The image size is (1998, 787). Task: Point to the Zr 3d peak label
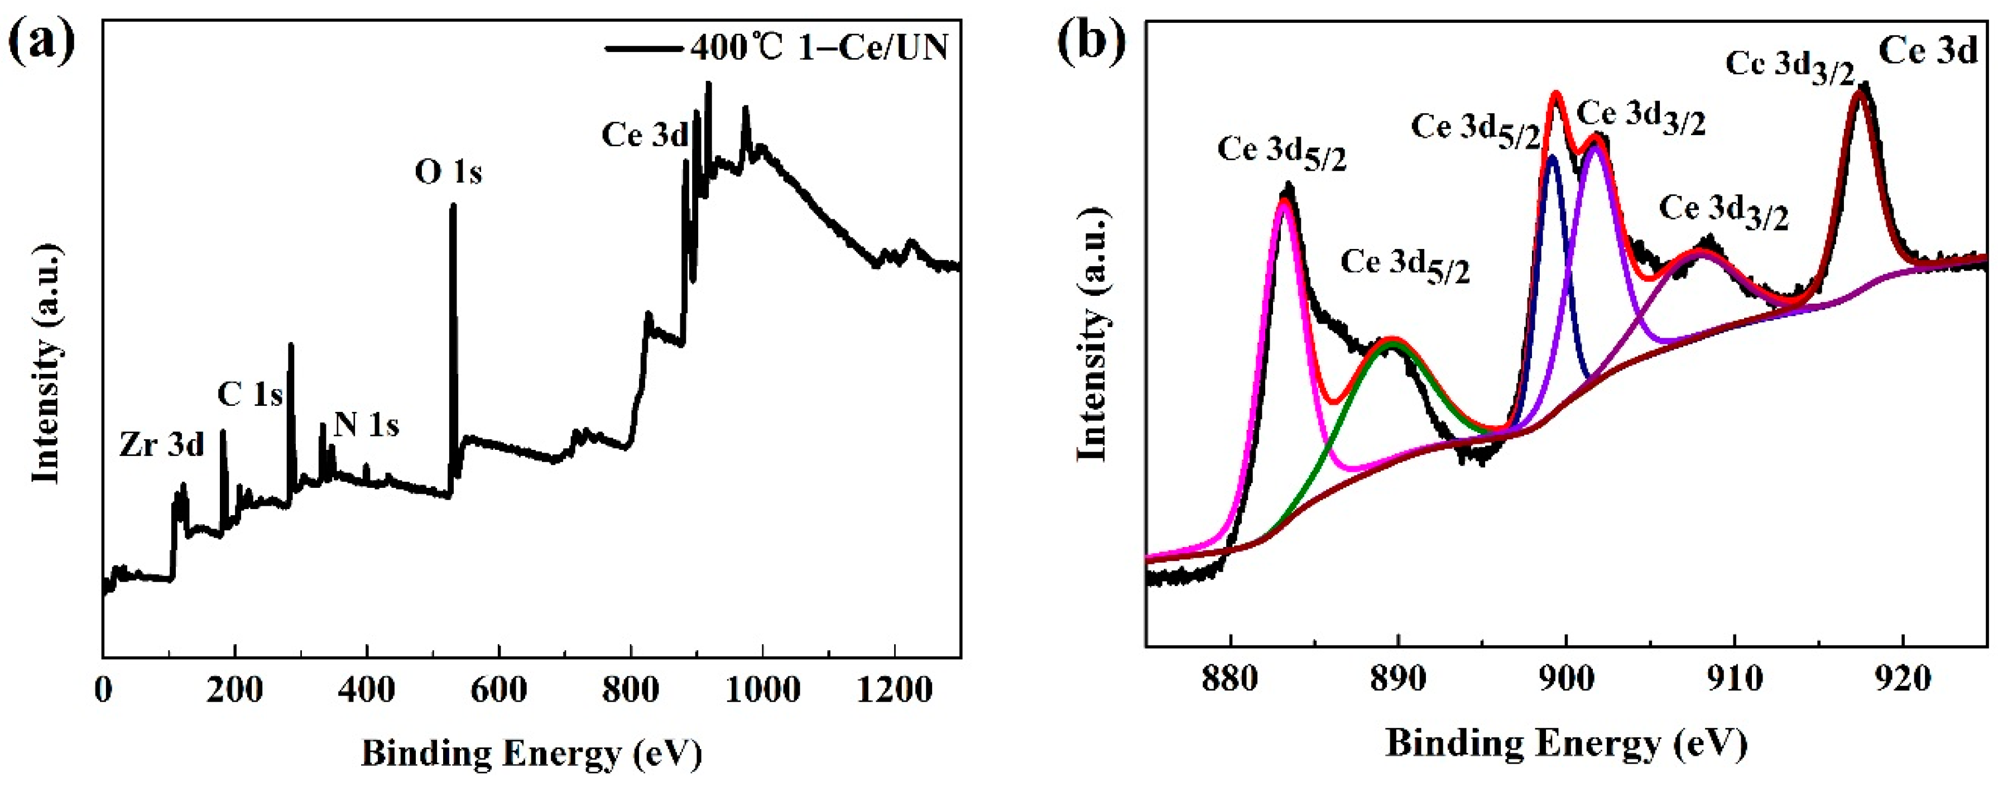point(161,445)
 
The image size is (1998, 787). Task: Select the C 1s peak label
point(250,395)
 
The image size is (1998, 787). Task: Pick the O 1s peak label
point(448,172)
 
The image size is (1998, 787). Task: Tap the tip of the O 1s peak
point(453,205)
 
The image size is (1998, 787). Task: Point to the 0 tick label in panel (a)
point(103,689)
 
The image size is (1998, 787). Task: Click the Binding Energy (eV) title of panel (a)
point(531,754)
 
